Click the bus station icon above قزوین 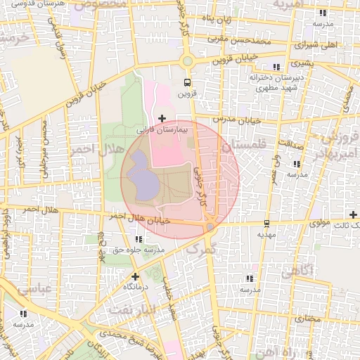[x=187, y=81]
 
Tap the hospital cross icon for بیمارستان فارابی [x=163, y=117]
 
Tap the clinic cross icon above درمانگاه [x=135, y=276]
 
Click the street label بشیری [x=307, y=63]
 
